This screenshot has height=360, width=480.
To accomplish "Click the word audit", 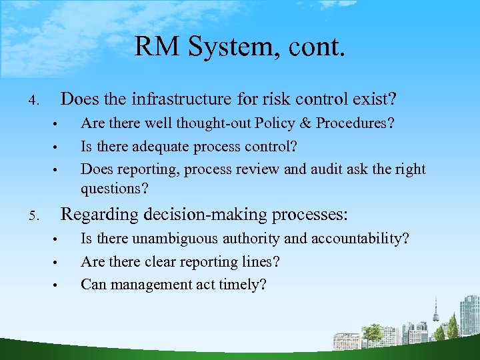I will coord(333,169).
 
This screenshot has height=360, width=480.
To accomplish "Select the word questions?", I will coord(114,189).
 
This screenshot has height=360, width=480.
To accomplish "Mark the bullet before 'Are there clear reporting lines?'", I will coord(57,263).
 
